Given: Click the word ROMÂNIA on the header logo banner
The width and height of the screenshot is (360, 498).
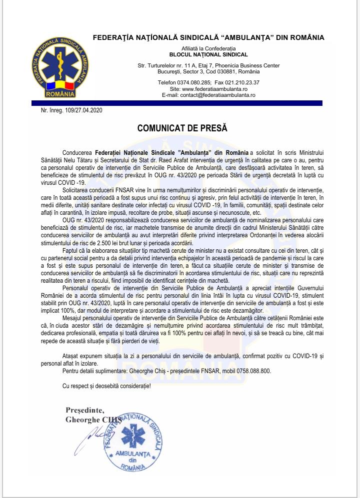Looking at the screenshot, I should click(x=60, y=93).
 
